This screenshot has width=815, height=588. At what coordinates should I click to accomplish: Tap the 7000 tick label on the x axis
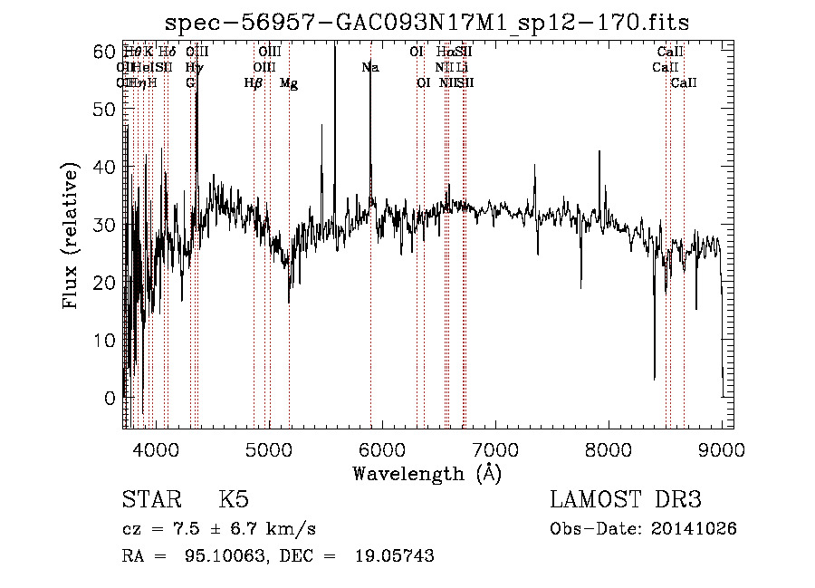coord(495,448)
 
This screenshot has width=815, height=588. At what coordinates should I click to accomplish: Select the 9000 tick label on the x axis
coord(722,448)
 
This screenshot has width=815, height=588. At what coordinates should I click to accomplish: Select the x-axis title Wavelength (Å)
coord(427,473)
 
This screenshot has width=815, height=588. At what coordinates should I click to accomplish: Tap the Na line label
coord(369,67)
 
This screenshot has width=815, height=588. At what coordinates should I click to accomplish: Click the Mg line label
coord(289,83)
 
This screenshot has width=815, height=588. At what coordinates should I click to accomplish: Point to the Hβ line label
coord(254,83)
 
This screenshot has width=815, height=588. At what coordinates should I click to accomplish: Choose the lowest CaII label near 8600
coord(684,83)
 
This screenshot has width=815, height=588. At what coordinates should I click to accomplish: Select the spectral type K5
coord(234,500)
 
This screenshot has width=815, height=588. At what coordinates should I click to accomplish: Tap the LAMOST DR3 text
coord(626,500)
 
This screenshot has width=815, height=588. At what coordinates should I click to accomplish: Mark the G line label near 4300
coord(190,83)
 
